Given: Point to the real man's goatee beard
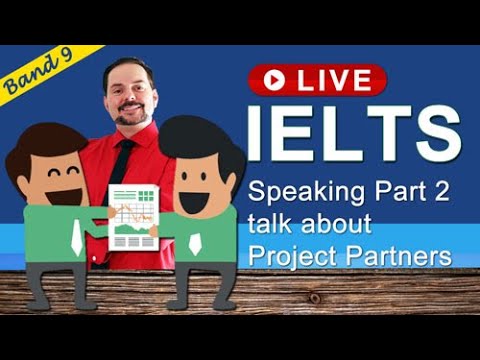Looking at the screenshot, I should [130, 118].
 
